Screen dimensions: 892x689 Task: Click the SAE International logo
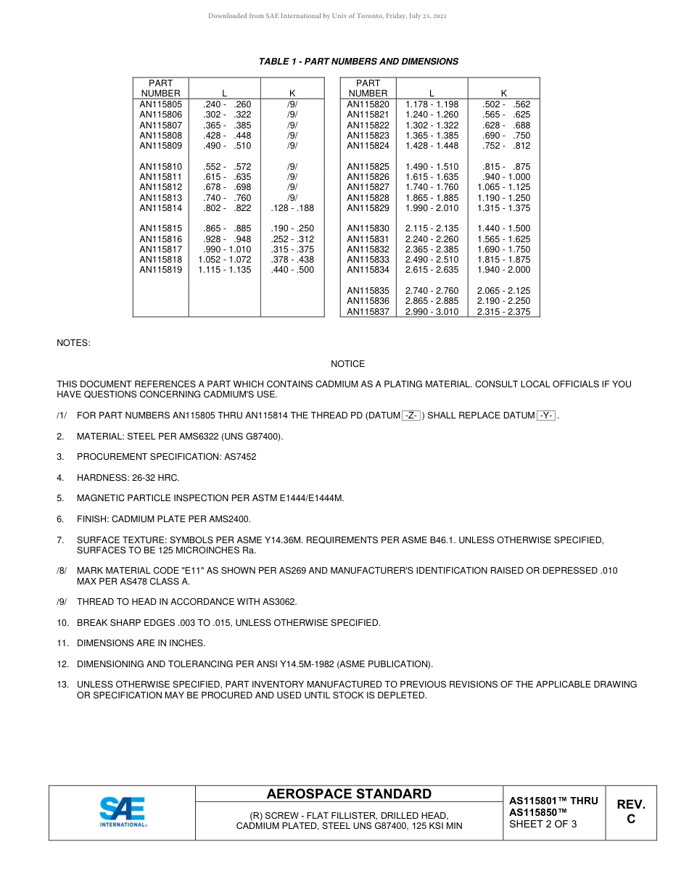pyautogui.click(x=123, y=812)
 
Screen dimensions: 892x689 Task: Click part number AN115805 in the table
pyautogui.click(x=160, y=104)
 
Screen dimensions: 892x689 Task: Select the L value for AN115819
pyautogui.click(x=225, y=270)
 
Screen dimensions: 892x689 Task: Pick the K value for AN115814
pyautogui.click(x=292, y=208)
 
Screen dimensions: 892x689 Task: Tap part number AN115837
pyautogui.click(x=368, y=312)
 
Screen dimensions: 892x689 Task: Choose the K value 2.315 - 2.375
pyautogui.click(x=503, y=312)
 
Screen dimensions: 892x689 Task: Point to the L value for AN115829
pyautogui.click(x=432, y=208)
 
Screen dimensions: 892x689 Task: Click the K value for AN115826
pyautogui.click(x=503, y=177)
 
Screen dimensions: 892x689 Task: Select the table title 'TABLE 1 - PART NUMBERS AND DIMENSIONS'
pyautogui.click(x=358, y=62)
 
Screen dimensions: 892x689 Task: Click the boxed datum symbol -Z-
pyautogui.click(x=410, y=416)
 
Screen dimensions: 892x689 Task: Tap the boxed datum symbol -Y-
pyautogui.click(x=546, y=416)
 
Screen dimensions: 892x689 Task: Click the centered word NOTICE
pyautogui.click(x=347, y=364)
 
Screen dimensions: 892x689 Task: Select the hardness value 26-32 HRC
pyautogui.click(x=155, y=478)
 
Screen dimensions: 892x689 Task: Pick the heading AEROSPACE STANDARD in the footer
pyautogui.click(x=349, y=794)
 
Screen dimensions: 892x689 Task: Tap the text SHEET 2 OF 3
pyautogui.click(x=542, y=824)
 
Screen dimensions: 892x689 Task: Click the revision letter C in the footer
pyautogui.click(x=630, y=819)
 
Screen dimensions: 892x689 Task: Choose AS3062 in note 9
pyautogui.click(x=281, y=602)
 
